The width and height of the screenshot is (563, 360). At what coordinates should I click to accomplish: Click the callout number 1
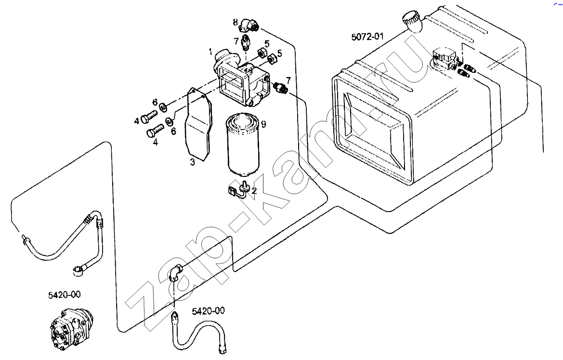pyautogui.click(x=210, y=52)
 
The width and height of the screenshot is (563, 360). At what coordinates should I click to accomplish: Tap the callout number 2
pyautogui.click(x=254, y=190)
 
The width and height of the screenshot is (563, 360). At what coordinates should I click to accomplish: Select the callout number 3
pyautogui.click(x=193, y=162)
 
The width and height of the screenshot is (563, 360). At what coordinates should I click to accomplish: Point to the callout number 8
pyautogui.click(x=235, y=22)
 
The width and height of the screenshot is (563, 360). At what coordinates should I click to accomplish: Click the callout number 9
pyautogui.click(x=264, y=124)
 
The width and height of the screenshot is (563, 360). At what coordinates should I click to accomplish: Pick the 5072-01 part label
pyautogui.click(x=367, y=37)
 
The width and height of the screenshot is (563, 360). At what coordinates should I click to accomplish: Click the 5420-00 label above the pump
pyautogui.click(x=64, y=295)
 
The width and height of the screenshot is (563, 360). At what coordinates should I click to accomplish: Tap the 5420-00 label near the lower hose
pyautogui.click(x=208, y=310)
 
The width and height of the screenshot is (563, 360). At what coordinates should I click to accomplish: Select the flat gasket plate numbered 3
pyautogui.click(x=198, y=123)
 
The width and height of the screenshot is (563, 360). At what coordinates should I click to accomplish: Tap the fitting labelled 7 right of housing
pyautogui.click(x=281, y=87)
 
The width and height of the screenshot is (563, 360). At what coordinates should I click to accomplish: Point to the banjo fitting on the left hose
pyautogui.click(x=80, y=269)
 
